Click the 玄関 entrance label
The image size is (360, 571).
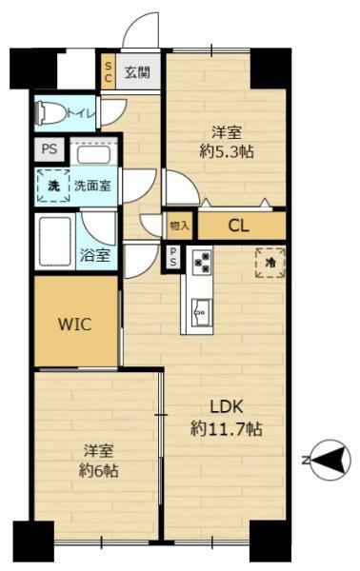click(137, 72)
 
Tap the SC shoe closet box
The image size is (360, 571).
click(109, 71)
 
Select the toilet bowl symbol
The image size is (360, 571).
click(50, 112)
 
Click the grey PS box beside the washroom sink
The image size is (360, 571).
click(50, 149)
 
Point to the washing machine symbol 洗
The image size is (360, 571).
click(54, 186)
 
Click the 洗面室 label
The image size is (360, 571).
click(92, 186)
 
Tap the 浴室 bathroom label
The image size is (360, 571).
click(94, 255)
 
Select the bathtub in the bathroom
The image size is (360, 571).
click(54, 241)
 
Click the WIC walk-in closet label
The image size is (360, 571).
click(75, 324)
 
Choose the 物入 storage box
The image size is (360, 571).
click(180, 226)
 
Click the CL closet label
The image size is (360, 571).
click(239, 226)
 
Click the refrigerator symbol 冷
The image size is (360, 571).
click(270, 263)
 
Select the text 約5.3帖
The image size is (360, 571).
click(227, 151)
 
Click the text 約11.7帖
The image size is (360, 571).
click(227, 429)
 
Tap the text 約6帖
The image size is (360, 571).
click(98, 471)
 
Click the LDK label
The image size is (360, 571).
click(227, 406)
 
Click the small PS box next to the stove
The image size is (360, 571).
click(172, 257)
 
